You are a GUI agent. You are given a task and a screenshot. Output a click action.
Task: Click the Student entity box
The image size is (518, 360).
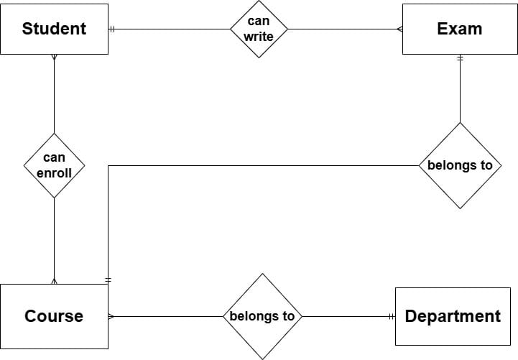pos(54,29)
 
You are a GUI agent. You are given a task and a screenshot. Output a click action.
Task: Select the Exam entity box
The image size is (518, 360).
pos(459,29)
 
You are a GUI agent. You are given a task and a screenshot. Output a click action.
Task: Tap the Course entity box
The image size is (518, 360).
pos(54,316)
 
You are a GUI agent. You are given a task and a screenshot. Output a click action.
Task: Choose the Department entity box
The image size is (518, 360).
pos(452,316)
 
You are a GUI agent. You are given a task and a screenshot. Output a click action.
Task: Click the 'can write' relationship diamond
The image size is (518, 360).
pos(259,29)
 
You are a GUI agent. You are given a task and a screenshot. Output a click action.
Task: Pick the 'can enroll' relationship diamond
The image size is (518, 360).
pos(54,165)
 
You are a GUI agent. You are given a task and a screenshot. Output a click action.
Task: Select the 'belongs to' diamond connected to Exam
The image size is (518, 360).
pos(460,165)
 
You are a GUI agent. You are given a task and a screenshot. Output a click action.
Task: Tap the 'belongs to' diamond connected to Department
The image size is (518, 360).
pos(262,316)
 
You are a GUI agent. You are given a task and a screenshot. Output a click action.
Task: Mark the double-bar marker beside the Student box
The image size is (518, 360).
pos(113,29)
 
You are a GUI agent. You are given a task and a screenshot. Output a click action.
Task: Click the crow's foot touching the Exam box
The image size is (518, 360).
pos(399,29)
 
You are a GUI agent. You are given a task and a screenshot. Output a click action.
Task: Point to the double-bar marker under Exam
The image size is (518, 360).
pos(460,58)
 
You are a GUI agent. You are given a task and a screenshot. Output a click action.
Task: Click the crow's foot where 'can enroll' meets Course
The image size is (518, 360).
pos(54,280)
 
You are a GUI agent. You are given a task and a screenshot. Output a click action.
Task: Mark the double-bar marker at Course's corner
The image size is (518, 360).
pos(108,279)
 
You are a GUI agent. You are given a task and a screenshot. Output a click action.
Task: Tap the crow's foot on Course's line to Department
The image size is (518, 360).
pos(111,316)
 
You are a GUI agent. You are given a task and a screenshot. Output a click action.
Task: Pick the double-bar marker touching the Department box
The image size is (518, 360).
pos(392,316)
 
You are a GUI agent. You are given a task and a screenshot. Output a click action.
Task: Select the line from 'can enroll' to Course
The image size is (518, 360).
pos(54,237)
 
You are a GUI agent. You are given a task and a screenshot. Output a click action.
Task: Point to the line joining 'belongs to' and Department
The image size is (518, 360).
pos(345,316)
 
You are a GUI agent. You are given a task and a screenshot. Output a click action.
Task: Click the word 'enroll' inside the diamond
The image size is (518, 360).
pos(54,172)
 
